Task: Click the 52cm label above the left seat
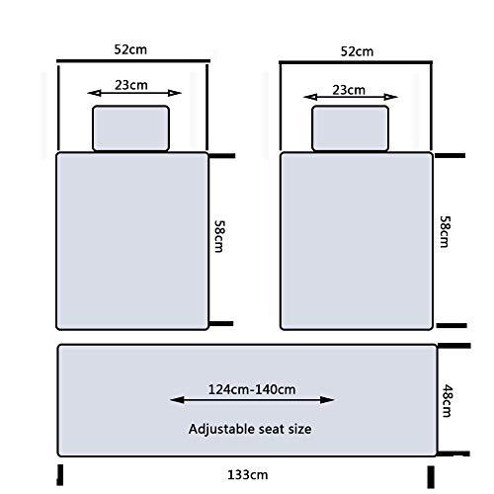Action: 130,49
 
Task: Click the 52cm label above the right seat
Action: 357,51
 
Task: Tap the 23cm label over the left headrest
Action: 131,85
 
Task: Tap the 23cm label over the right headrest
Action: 349,90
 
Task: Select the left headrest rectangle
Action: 131,128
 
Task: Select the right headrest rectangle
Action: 351,128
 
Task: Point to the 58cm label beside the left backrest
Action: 219,236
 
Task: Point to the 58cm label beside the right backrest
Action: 445,231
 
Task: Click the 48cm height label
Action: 447,400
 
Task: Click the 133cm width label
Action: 248,475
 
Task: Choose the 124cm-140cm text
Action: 252,389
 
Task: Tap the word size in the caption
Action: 299,429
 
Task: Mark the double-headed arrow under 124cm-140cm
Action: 252,400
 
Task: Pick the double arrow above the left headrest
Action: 134,93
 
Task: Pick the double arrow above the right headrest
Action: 351,97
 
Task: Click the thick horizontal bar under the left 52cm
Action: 133,61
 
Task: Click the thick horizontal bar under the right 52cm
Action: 356,62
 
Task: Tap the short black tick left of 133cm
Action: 59,475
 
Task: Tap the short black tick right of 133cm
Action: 431,477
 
